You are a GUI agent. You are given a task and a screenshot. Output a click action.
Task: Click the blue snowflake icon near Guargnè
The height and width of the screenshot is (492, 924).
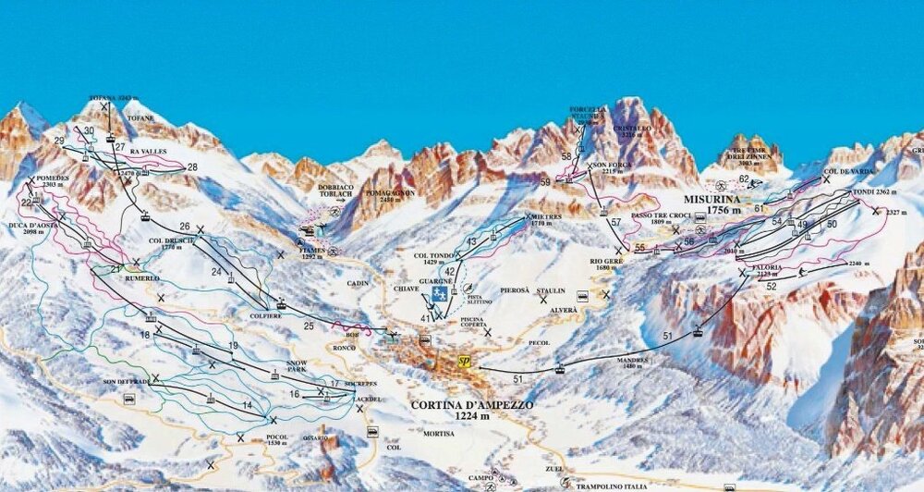[x=439, y=295]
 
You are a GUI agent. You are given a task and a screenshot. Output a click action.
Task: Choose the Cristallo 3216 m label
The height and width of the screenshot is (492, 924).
[x=638, y=130]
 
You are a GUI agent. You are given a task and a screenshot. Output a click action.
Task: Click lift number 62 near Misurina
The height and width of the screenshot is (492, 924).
[x=744, y=178]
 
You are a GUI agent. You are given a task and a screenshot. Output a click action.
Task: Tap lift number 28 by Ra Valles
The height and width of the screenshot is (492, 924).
[x=192, y=167]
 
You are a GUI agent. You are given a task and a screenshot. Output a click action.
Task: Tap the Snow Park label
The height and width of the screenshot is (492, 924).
[x=298, y=365]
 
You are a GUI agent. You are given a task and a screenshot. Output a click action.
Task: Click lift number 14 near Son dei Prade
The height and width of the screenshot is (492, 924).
[x=247, y=405]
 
